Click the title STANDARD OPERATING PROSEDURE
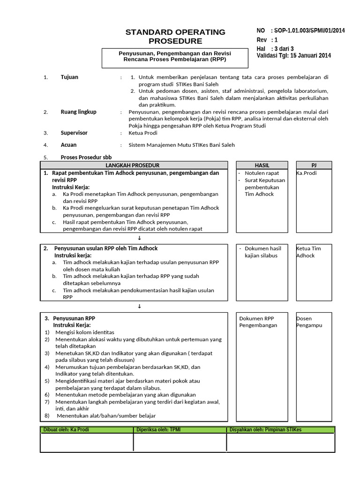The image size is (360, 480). (175, 37)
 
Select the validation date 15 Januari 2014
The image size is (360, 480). (310, 55)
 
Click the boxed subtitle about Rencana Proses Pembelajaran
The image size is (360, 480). (174, 57)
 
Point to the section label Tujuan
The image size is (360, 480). (69, 77)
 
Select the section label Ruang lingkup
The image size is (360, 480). (78, 112)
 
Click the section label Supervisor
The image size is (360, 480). (74, 133)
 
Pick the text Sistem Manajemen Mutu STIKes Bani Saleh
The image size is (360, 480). (181, 145)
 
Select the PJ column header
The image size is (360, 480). (314, 165)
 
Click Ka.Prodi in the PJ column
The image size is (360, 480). (307, 173)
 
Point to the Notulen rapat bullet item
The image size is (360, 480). (262, 173)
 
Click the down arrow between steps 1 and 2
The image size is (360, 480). (139, 238)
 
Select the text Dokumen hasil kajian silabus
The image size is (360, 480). (262, 252)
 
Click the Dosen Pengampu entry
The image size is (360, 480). (309, 322)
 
